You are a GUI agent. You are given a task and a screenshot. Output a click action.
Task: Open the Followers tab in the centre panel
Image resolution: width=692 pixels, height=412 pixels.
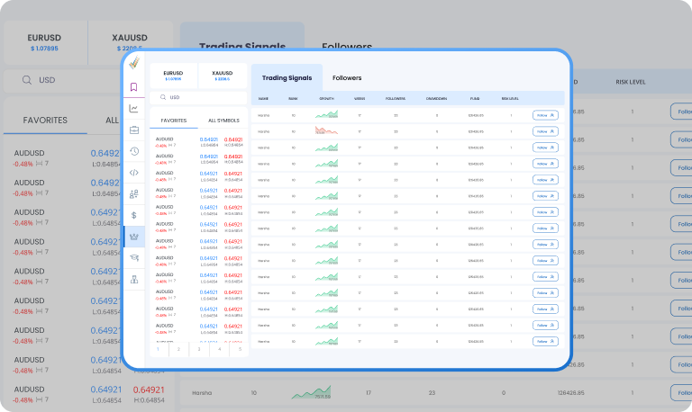pos(347,78)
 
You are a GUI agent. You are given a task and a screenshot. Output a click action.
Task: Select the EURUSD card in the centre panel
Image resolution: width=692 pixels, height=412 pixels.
pos(173,76)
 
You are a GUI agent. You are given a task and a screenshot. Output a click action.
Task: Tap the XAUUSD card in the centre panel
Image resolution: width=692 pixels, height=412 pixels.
pos(222,76)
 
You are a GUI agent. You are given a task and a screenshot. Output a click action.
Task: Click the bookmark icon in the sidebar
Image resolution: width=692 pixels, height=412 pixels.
pos(133,87)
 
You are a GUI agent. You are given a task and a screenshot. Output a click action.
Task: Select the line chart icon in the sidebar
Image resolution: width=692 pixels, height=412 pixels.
pos(133,109)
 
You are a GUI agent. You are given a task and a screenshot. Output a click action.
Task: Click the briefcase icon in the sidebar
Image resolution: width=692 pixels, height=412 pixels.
pos(133,130)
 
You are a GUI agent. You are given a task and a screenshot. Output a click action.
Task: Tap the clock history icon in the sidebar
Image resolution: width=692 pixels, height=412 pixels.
pos(133,151)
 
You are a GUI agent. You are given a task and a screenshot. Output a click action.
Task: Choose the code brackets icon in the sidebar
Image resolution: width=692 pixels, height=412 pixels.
pos(133,173)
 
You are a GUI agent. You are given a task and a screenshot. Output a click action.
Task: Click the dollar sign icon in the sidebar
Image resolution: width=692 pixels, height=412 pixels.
pos(133,215)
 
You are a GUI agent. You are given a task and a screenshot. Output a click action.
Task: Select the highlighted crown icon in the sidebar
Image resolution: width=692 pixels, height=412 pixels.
pos(133,237)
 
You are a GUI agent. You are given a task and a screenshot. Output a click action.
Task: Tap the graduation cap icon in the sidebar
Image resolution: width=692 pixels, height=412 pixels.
pos(133,258)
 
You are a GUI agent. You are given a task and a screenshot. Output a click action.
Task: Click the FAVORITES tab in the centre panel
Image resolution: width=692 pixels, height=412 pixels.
pos(174,120)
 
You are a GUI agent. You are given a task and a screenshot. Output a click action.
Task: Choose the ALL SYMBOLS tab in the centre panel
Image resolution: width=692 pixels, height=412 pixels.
pos(223,120)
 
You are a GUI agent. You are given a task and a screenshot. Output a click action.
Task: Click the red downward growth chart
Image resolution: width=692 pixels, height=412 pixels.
pos(326,130)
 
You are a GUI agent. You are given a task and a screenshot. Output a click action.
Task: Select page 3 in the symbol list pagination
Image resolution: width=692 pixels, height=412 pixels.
pos(198,348)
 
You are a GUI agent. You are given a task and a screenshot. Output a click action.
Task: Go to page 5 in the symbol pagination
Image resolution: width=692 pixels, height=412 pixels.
pos(240,348)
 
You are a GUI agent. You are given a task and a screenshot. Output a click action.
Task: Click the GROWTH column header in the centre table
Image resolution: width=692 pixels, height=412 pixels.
pos(326,98)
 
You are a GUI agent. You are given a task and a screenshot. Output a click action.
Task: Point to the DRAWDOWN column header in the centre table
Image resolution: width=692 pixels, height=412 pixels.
pos(437,98)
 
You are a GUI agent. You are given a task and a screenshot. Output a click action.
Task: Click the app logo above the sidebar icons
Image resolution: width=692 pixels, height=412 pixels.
pos(133,63)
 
